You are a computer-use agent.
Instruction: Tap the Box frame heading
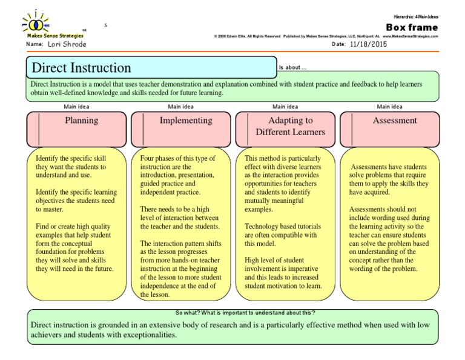click(411, 27)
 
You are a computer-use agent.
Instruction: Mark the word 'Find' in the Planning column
click(43, 226)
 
